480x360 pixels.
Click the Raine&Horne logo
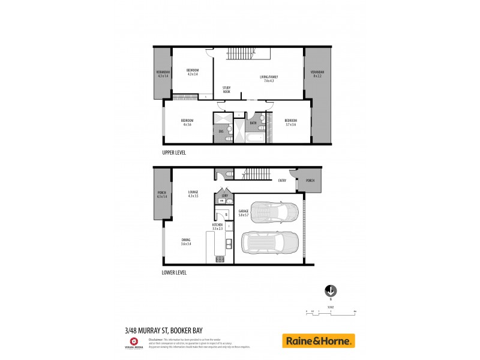click(x=318, y=341)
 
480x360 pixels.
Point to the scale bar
click(x=331, y=311)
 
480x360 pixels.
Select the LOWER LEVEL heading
click(x=173, y=272)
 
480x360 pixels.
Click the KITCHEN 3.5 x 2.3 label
click(x=217, y=227)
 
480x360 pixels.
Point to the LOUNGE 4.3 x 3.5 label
click(x=193, y=194)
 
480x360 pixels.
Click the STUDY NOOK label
click(x=226, y=90)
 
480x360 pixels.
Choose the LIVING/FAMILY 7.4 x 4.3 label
click(x=268, y=78)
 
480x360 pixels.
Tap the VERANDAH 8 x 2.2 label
click(x=316, y=74)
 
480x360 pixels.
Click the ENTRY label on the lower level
click(x=282, y=181)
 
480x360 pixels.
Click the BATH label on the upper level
click(x=253, y=124)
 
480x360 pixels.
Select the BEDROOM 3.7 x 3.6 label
click(x=290, y=122)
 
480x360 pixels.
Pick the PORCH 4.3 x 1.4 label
click(x=162, y=194)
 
